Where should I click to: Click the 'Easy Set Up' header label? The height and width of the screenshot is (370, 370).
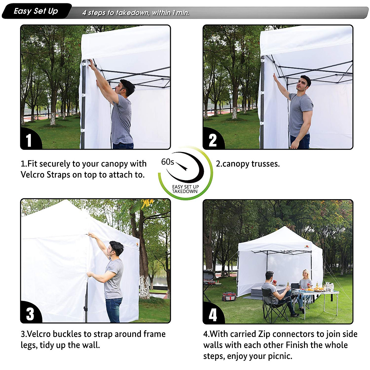pyautogui.click(x=36, y=11)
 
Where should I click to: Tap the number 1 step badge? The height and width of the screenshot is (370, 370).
pyautogui.click(x=29, y=140)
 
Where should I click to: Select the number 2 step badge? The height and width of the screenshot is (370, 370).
pyautogui.click(x=212, y=140)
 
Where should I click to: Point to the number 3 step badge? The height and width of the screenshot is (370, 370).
pyautogui.click(x=30, y=314)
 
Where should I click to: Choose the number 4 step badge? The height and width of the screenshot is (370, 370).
pyautogui.click(x=213, y=315)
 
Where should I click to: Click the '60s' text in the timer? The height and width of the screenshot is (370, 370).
pyautogui.click(x=167, y=162)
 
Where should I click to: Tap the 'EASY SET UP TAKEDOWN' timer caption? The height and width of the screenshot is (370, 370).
pyautogui.click(x=185, y=189)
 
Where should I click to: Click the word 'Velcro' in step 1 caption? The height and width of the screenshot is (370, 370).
pyautogui.click(x=32, y=175)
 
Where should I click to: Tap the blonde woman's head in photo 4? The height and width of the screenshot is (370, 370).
pyautogui.click(x=305, y=274)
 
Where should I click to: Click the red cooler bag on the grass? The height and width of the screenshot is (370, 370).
pyautogui.click(x=229, y=296)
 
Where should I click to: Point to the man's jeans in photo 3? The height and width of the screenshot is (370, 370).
pyautogui.click(x=113, y=310)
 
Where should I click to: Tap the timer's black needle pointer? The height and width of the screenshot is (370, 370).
pyautogui.click(x=181, y=166)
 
